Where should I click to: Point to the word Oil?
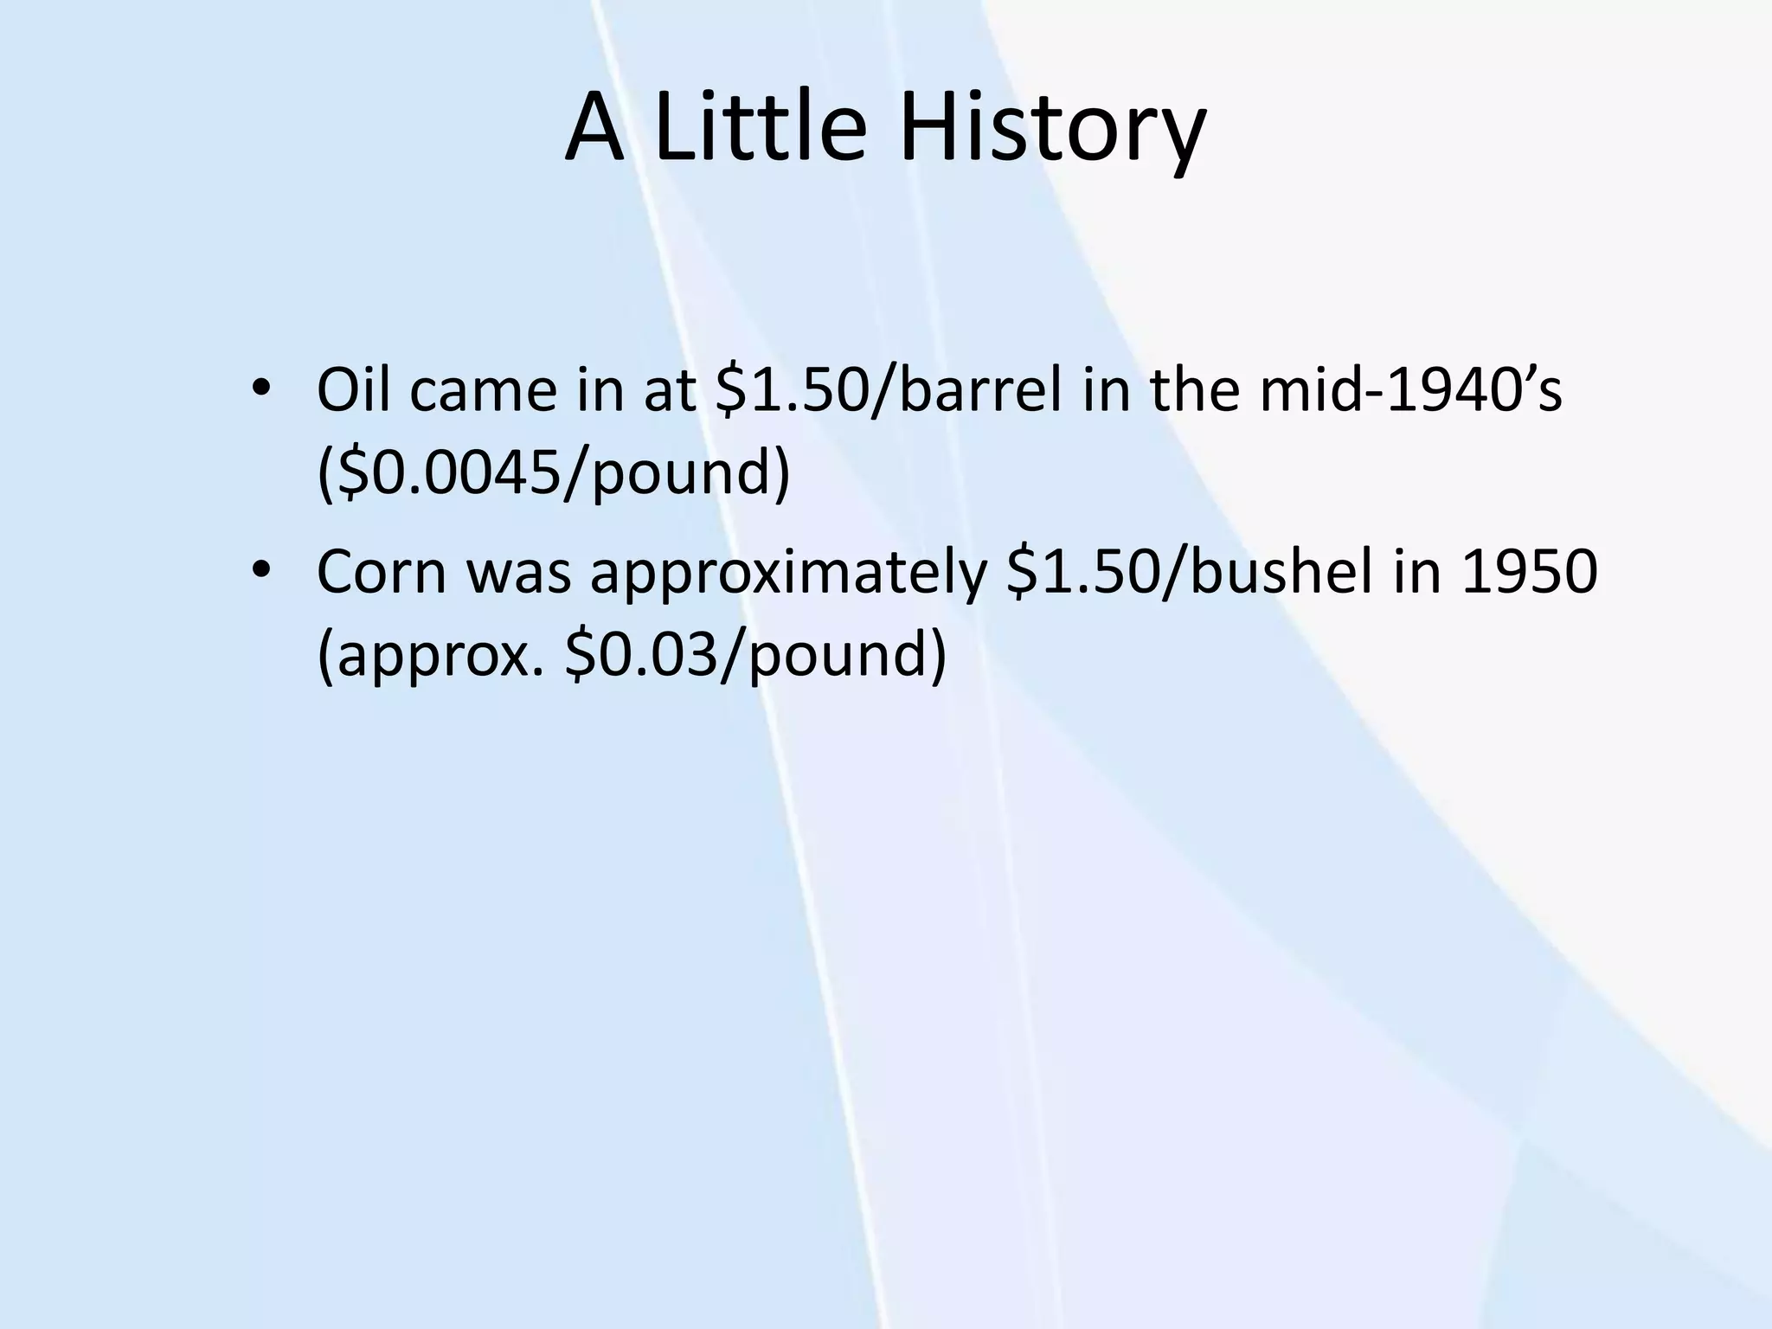pos(354,389)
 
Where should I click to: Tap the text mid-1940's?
pos(1410,389)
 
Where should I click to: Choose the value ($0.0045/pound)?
pos(554,474)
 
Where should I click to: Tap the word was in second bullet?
pos(519,574)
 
